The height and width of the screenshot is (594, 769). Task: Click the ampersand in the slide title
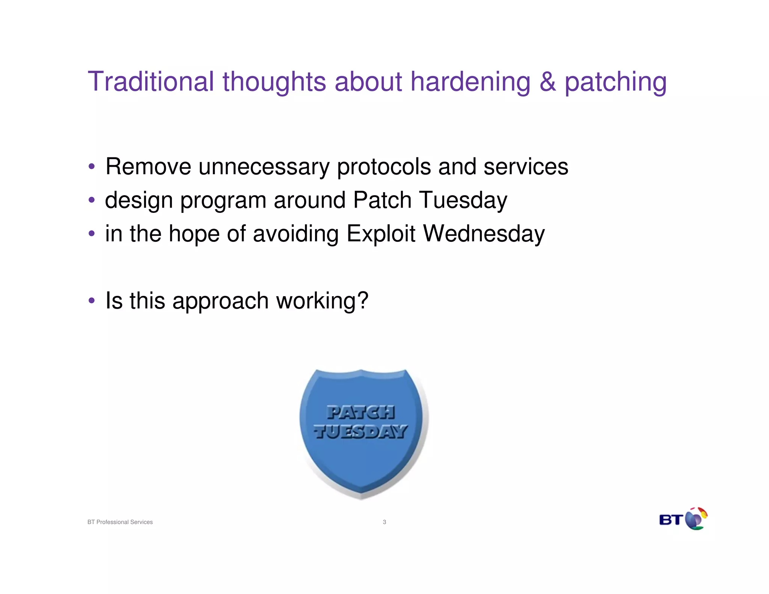click(x=547, y=81)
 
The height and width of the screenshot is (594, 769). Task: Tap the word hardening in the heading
click(x=470, y=82)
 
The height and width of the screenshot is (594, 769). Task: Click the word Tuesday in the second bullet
click(x=463, y=200)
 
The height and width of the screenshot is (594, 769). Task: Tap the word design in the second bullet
click(x=139, y=201)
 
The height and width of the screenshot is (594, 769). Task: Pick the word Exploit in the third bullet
click(x=381, y=234)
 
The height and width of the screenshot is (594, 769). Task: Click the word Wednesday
click(x=484, y=234)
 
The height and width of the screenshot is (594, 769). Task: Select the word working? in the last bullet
click(x=322, y=301)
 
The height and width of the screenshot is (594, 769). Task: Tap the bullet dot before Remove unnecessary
click(x=92, y=166)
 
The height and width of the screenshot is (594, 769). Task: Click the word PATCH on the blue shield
click(x=360, y=412)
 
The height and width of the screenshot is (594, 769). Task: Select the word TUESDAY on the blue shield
click(x=360, y=432)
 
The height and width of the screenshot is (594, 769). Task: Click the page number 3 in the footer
click(x=384, y=522)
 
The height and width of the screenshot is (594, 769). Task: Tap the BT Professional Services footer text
click(x=120, y=522)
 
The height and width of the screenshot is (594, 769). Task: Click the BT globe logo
click(x=695, y=519)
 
